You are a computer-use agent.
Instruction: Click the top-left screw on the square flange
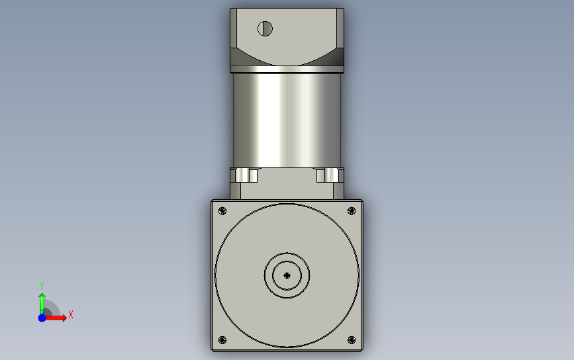(x=222, y=210)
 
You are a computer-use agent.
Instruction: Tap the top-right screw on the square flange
(x=352, y=210)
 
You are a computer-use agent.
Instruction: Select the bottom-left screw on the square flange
(x=222, y=340)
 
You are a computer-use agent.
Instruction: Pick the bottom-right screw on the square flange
(x=352, y=340)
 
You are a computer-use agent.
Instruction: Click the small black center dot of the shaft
(x=287, y=275)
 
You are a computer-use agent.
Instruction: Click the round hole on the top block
(x=265, y=28)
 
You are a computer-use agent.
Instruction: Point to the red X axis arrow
(x=56, y=317)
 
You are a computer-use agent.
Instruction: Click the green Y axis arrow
(x=42, y=303)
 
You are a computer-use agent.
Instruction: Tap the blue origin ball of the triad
(x=42, y=318)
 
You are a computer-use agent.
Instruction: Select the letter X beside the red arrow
(x=71, y=314)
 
